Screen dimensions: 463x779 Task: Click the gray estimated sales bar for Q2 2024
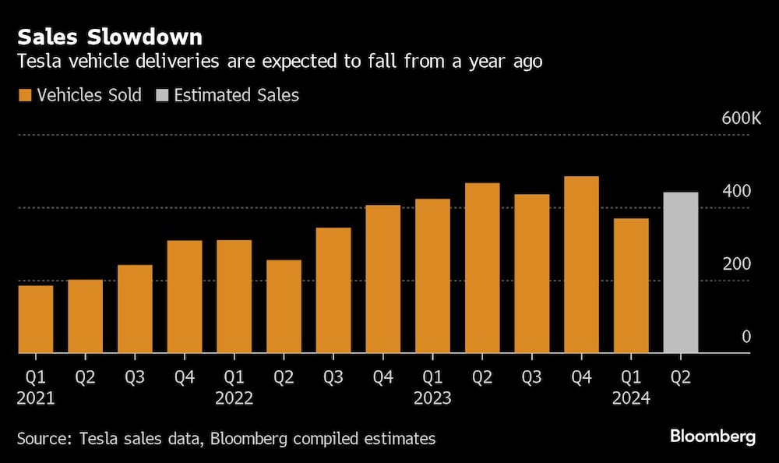point(680,272)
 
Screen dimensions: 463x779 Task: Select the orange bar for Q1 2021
point(36,319)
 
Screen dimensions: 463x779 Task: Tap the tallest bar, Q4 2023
point(581,264)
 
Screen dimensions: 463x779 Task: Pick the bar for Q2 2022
point(284,306)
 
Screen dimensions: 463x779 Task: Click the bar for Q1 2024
point(631,285)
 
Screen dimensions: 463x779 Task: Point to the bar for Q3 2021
point(135,309)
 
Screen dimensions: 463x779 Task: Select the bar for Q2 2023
point(482,267)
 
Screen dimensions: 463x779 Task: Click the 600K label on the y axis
point(741,118)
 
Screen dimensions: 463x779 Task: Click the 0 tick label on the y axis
point(746,337)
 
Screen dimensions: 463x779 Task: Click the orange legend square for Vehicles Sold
point(24,95)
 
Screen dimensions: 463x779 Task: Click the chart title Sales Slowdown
point(110,37)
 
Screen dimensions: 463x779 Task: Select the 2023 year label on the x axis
point(432,398)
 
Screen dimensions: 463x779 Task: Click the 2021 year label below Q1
point(36,398)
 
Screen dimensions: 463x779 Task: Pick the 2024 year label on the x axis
point(631,398)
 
